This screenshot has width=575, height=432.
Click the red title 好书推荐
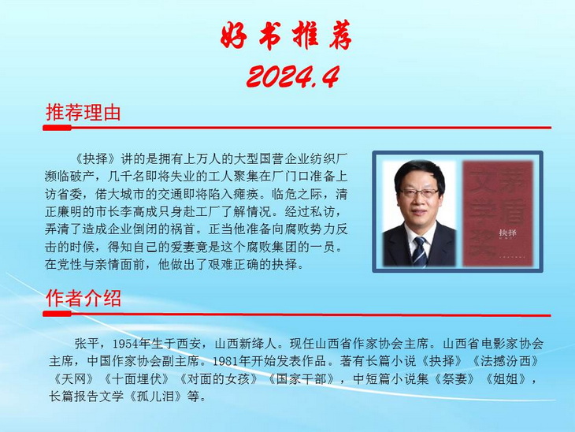tap(286, 35)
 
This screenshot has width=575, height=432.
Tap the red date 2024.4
tap(293, 76)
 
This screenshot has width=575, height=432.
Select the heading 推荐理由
tap(83, 112)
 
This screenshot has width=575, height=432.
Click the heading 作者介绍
tap(83, 298)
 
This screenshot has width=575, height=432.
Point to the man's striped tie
tap(420, 251)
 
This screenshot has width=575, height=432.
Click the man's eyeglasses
tap(419, 193)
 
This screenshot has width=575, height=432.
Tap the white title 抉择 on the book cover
tap(508, 233)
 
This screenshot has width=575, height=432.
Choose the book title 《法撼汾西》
tap(503, 361)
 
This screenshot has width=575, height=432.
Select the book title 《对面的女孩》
tap(218, 378)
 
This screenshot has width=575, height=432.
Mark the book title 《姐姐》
tap(506, 378)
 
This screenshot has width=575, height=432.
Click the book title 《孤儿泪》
tap(155, 397)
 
